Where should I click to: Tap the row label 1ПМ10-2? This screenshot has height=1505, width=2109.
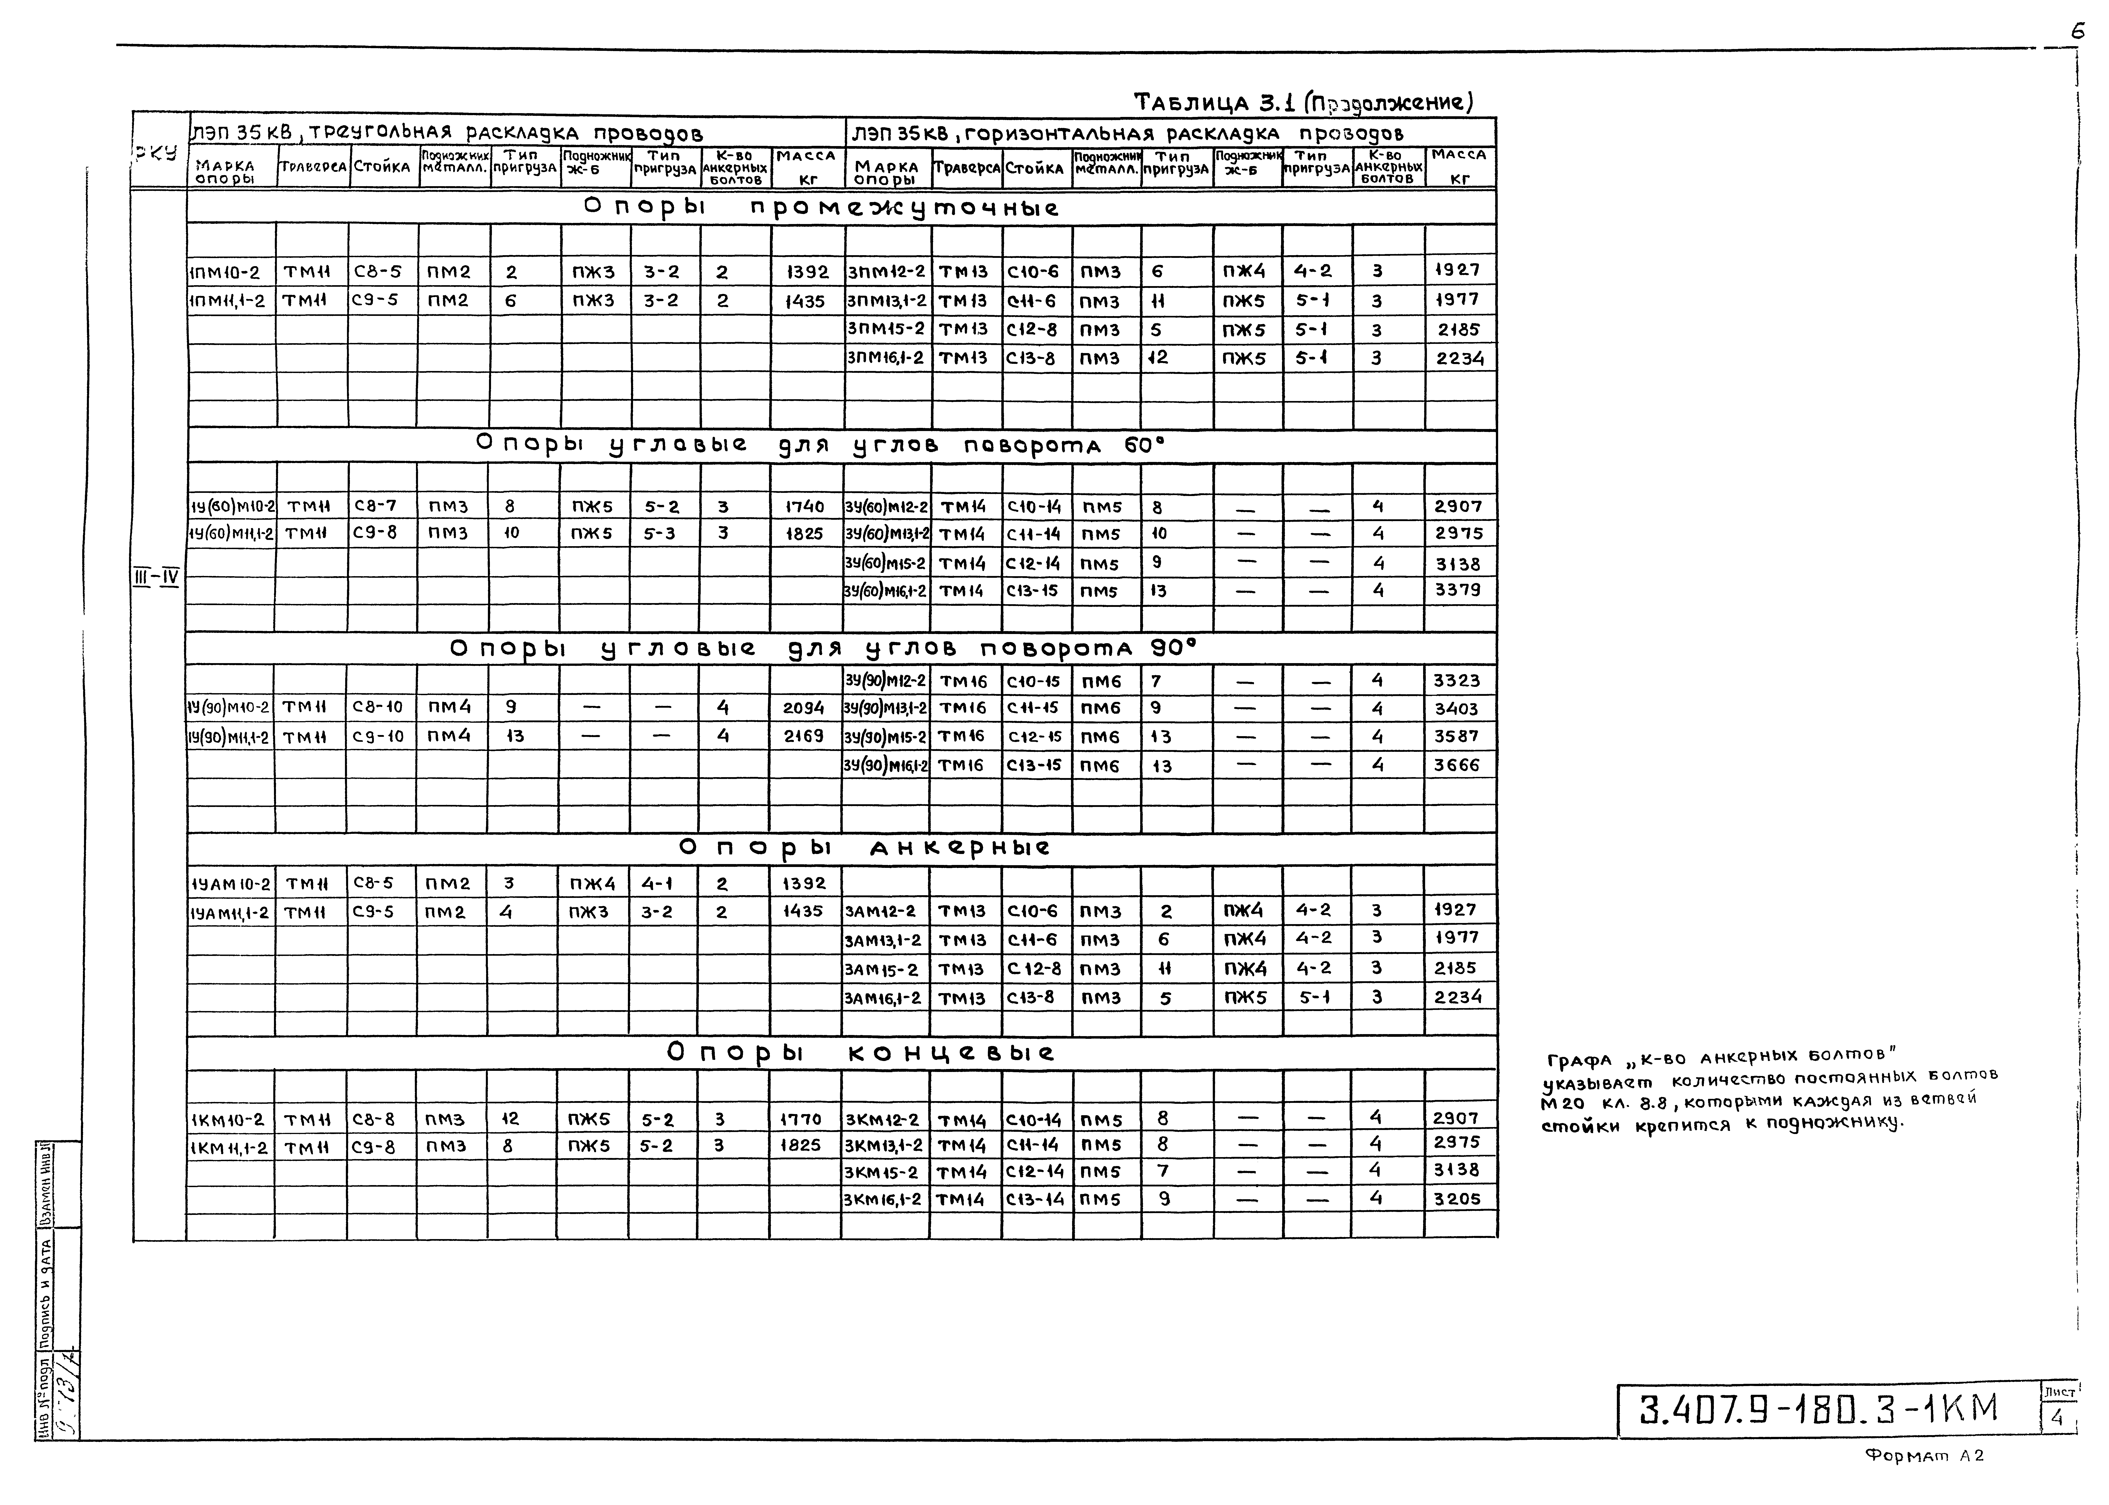(225, 272)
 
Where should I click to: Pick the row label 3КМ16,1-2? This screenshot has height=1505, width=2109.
(883, 1199)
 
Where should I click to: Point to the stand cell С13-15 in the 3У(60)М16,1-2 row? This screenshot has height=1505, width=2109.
(1032, 590)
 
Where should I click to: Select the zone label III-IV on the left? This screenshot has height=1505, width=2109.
(156, 578)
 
